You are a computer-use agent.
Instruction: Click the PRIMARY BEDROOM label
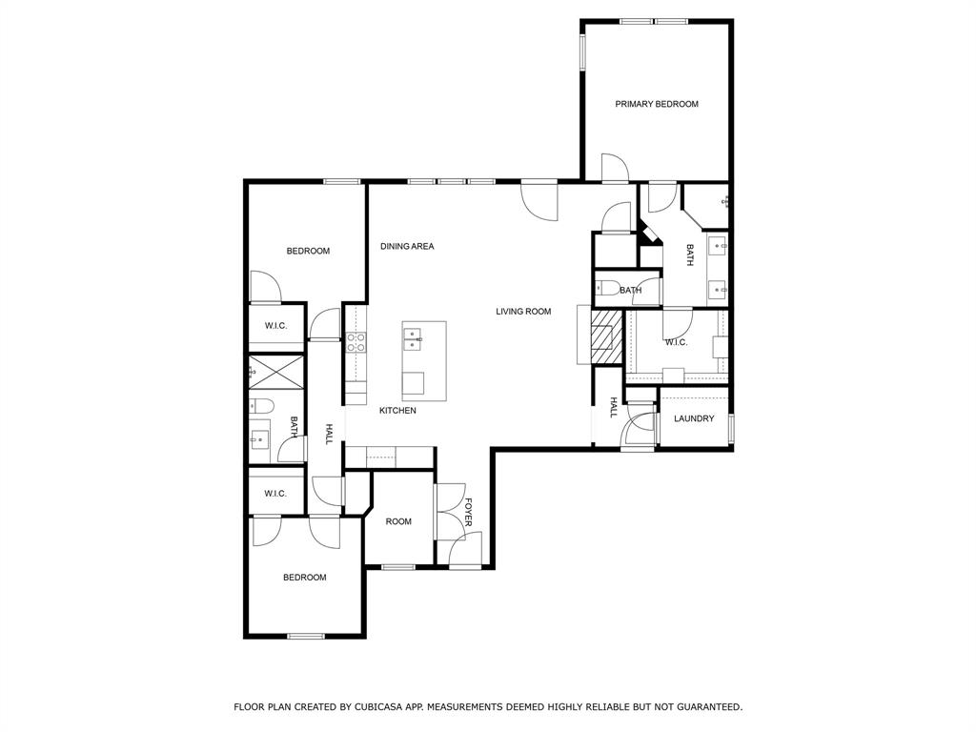click(x=656, y=104)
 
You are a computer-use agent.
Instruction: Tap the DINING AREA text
click(x=407, y=246)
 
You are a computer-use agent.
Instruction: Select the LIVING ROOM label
click(x=523, y=311)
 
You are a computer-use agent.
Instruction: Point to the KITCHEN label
click(x=397, y=410)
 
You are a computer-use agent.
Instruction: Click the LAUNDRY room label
click(x=693, y=418)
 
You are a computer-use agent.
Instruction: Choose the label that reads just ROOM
click(x=398, y=521)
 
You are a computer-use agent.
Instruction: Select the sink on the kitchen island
click(x=414, y=335)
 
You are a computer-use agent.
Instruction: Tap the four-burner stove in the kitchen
click(x=356, y=342)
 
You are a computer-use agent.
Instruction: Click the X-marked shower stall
click(x=276, y=370)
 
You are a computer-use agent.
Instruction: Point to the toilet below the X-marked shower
click(x=261, y=407)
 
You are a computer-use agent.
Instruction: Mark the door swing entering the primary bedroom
click(x=615, y=169)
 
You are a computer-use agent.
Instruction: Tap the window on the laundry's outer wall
click(x=730, y=427)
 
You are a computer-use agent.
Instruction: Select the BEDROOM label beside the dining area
click(x=308, y=251)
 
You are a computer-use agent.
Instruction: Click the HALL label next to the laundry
click(x=613, y=408)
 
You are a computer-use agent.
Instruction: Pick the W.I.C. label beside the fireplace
click(x=676, y=342)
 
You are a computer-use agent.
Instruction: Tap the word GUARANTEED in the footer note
click(x=705, y=707)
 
